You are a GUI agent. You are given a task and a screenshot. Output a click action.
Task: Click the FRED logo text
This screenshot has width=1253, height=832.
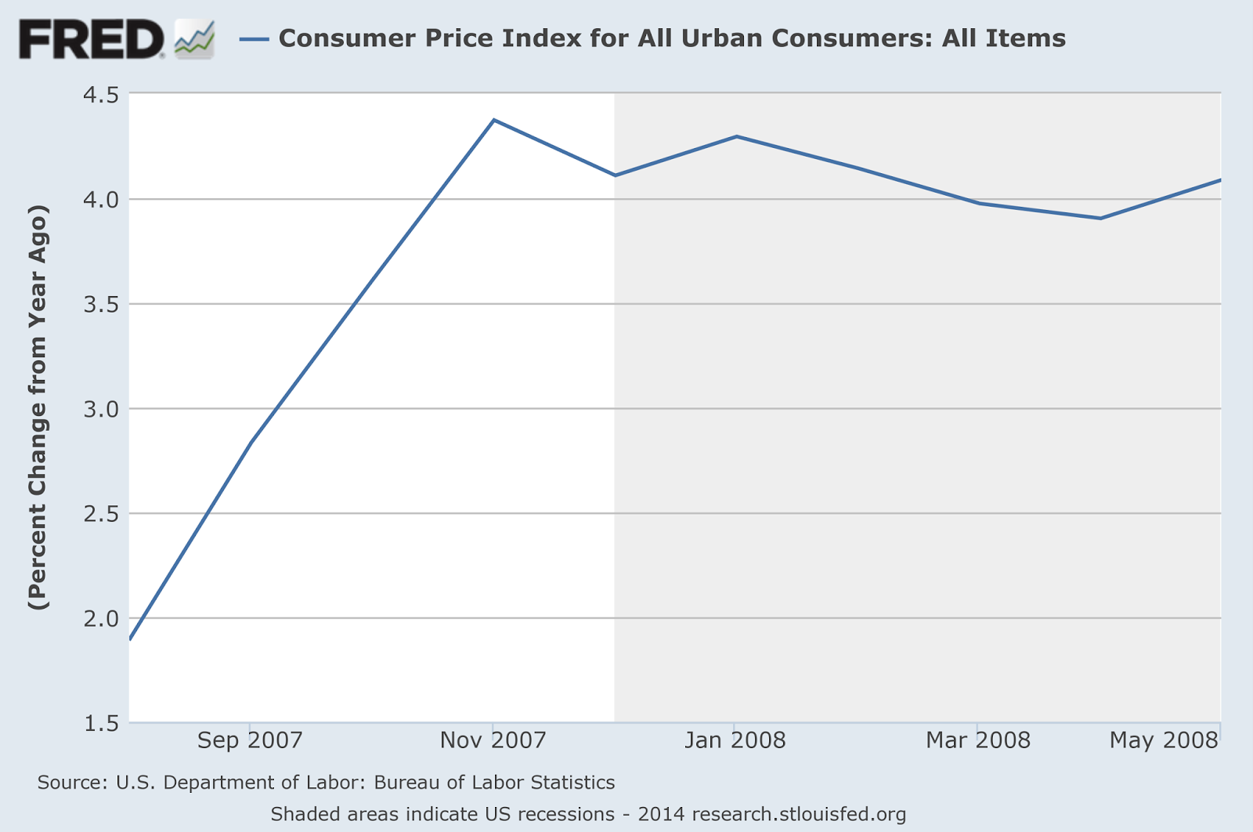point(91,39)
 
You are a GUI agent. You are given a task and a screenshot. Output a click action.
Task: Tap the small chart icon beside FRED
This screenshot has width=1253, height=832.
point(194,39)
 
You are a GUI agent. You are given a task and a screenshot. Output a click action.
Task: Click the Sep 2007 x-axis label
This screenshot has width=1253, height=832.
point(250,740)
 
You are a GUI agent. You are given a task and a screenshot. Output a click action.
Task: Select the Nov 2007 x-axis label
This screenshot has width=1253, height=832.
point(493,740)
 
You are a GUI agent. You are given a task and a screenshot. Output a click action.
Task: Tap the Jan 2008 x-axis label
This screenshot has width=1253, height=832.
point(735,740)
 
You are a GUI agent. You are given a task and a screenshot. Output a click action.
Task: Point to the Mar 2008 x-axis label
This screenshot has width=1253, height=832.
point(977,740)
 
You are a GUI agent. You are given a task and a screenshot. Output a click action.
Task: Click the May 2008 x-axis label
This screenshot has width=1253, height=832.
point(1164,740)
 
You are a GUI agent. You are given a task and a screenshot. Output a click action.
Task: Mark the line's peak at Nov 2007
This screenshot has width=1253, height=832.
point(493,120)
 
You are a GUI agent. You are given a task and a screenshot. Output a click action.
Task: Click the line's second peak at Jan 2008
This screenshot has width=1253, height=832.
point(736,136)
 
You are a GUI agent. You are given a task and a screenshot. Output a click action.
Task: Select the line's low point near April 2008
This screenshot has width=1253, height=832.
point(1100,218)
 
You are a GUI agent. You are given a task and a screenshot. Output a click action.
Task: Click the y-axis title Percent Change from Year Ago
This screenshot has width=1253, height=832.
point(38,407)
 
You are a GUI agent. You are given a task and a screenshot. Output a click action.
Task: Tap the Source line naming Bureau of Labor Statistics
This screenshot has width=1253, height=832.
point(326,783)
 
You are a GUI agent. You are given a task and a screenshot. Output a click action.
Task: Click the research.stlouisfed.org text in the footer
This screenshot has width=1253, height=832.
point(799,814)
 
